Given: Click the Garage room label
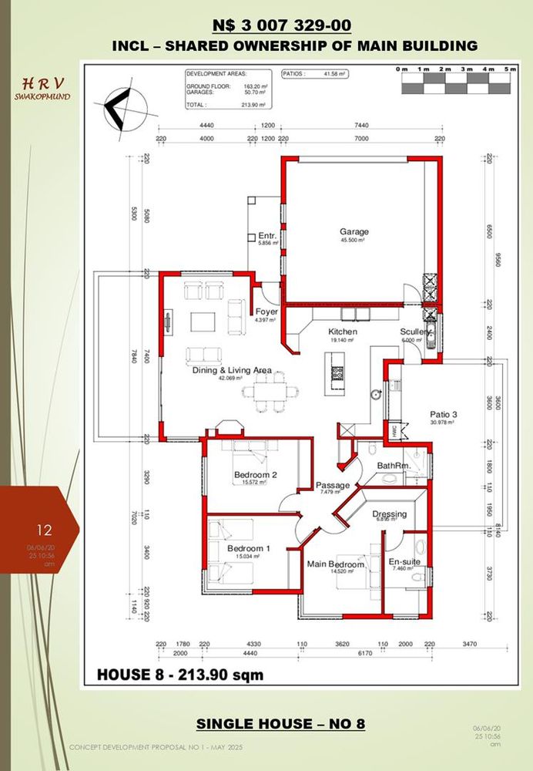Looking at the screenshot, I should pyautogui.click(x=354, y=231).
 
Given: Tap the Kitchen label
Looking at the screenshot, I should pyautogui.click(x=343, y=332).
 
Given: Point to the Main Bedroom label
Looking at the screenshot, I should pyautogui.click(x=336, y=564).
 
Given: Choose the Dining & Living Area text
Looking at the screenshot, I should pyautogui.click(x=231, y=371).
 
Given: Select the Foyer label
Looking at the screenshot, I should pyautogui.click(x=266, y=312).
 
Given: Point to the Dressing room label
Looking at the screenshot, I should pyautogui.click(x=389, y=514).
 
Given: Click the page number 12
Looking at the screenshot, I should pyautogui.click(x=45, y=530).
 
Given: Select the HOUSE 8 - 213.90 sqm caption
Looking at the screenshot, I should pyautogui.click(x=180, y=675).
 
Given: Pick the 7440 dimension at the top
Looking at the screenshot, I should pyautogui.click(x=360, y=124).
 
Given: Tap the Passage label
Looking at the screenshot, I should pyautogui.click(x=333, y=485).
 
